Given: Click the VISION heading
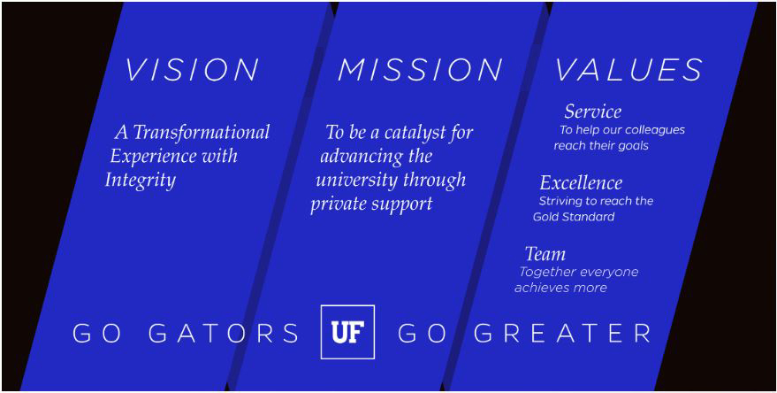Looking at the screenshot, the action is (192, 70).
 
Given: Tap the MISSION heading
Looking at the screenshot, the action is (420, 70).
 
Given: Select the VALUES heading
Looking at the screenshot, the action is (628, 70).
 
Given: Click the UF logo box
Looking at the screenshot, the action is (347, 331).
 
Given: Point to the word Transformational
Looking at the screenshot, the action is (202, 132).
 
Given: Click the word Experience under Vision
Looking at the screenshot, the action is (147, 157).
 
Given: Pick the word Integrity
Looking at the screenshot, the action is (141, 181).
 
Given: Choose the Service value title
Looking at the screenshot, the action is (592, 112).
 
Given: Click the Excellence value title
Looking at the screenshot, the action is (581, 182).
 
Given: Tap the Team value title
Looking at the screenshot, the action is (545, 254).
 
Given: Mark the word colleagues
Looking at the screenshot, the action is (655, 130).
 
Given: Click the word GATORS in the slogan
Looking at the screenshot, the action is (224, 333).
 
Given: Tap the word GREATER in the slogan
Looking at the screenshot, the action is (562, 333).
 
